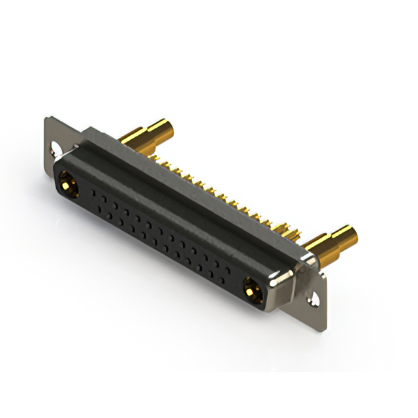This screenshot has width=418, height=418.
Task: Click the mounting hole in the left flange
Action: [55, 153]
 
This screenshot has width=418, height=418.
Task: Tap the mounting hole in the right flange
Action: [316, 300]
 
